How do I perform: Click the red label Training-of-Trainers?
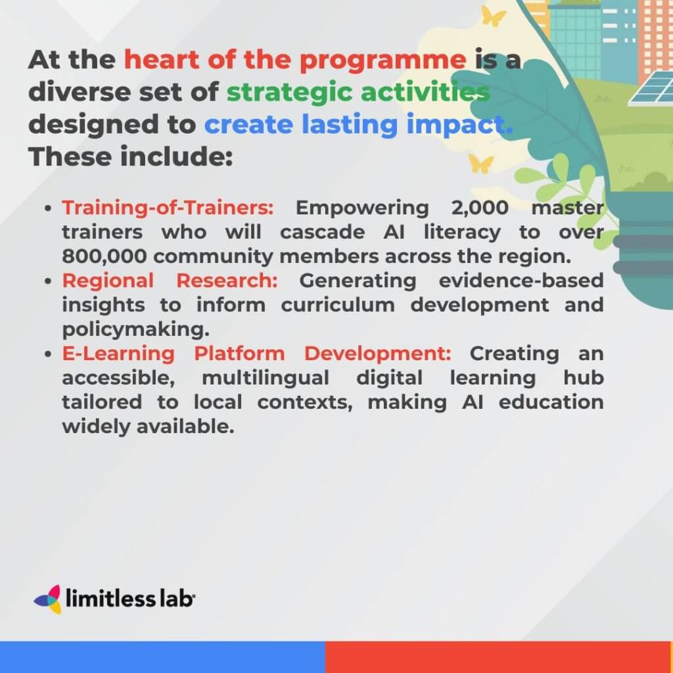pyautogui.click(x=168, y=208)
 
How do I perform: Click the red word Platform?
pyautogui.click(x=239, y=354)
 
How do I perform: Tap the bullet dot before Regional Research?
pyautogui.click(x=49, y=281)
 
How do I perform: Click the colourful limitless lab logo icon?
pyautogui.click(x=48, y=599)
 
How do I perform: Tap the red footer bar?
pyautogui.click(x=498, y=657)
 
